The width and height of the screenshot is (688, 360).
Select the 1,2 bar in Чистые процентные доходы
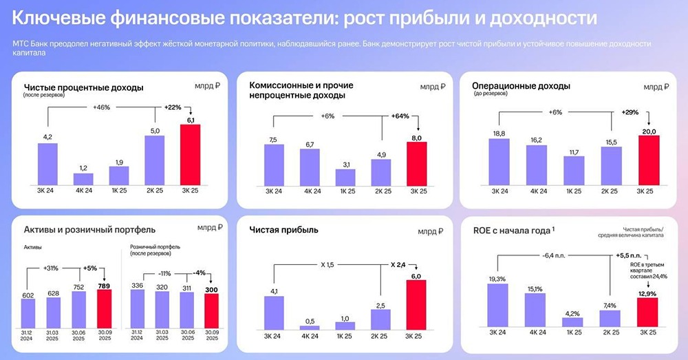tap(83, 178)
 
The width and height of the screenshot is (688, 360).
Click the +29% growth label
tap(630, 112)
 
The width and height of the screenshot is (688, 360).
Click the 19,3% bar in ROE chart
tap(497, 305)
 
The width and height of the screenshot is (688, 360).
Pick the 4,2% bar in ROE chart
tap(572, 321)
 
